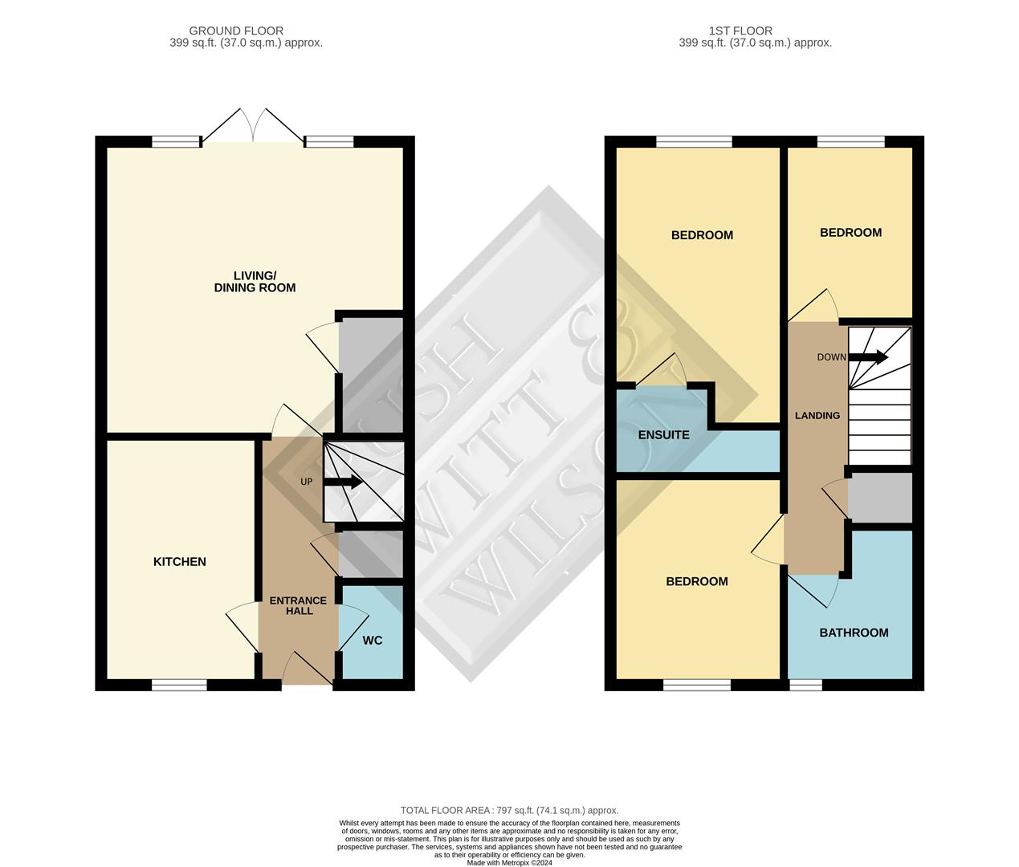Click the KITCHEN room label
(179, 562)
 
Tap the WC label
(372, 641)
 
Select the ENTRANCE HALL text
(298, 605)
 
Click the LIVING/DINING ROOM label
(255, 282)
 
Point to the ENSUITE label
(663, 435)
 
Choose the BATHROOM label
(854, 633)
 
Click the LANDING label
(817, 416)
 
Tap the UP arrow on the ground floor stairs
(345, 482)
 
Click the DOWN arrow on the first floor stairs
(870, 357)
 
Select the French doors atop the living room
(253, 128)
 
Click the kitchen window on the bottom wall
(179, 685)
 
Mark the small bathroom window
(805, 685)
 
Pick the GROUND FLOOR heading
(236, 31)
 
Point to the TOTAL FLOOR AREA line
(509, 811)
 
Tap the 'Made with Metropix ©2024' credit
(509, 863)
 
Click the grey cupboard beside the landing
(880, 498)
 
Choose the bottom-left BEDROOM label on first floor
(696, 581)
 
